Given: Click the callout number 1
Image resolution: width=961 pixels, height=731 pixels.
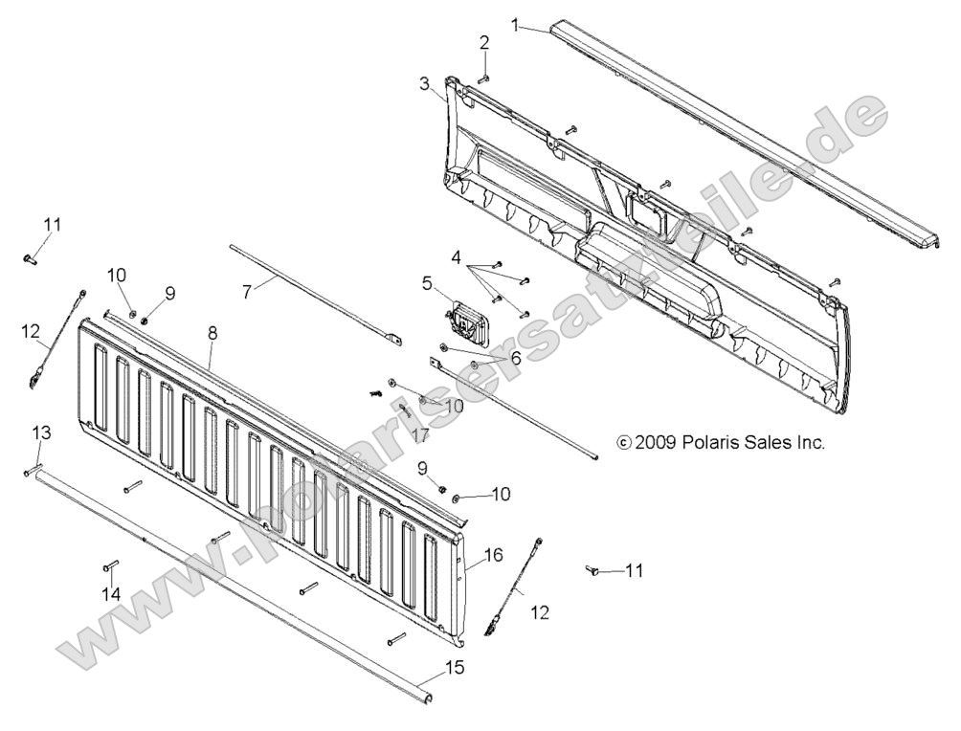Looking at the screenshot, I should (x=516, y=24).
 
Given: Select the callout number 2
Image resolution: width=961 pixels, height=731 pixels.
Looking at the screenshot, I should (x=484, y=42).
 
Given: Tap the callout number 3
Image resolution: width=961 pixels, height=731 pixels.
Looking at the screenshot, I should (x=424, y=83).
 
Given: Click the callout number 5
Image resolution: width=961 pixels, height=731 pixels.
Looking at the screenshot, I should (x=427, y=282).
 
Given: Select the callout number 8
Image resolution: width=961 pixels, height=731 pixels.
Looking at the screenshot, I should (x=212, y=334).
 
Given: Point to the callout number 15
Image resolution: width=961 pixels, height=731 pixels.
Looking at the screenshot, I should (x=455, y=667).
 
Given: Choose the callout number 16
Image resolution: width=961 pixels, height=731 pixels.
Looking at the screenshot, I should (x=493, y=555).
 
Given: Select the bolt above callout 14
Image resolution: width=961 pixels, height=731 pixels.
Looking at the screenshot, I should (x=109, y=565).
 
